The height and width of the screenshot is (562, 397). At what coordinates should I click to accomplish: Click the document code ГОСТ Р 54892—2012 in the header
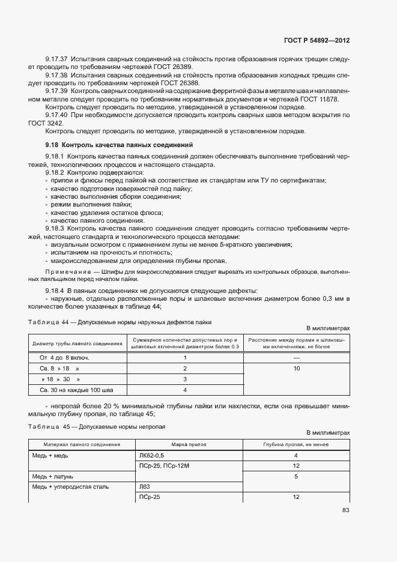(x=317, y=40)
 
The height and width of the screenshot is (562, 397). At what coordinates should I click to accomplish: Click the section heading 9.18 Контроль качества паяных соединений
(x=119, y=145)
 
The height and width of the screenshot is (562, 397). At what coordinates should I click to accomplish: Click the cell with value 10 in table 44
(x=297, y=368)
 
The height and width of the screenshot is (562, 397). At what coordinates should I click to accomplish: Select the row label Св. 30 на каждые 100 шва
(x=62, y=390)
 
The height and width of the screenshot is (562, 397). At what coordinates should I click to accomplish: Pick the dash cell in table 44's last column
(x=297, y=357)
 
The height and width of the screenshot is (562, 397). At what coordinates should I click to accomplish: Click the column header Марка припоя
(x=190, y=444)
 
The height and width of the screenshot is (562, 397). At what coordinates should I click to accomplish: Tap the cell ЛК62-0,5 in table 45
(x=152, y=456)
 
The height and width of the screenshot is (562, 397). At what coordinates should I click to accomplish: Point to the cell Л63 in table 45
(x=144, y=487)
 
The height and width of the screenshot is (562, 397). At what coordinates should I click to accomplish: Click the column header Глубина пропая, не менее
(x=297, y=444)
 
